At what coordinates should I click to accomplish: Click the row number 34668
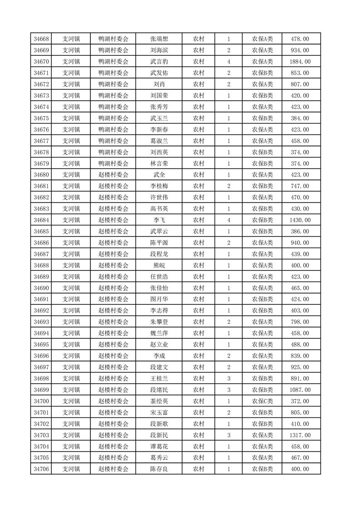[x=41, y=39]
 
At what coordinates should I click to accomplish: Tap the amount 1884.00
[x=300, y=62]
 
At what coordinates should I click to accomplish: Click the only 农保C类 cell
[x=262, y=401]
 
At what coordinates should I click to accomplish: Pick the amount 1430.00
[x=300, y=220]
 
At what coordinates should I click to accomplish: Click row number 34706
[x=41, y=469]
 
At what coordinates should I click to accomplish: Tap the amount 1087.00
[x=300, y=390]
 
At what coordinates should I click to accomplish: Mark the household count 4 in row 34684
[x=228, y=220]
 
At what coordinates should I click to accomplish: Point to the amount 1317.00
[x=300, y=435]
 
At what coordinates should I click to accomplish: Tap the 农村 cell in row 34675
[x=198, y=118]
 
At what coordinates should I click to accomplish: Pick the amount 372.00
[x=300, y=401]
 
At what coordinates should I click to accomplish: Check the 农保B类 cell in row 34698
[x=262, y=378]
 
